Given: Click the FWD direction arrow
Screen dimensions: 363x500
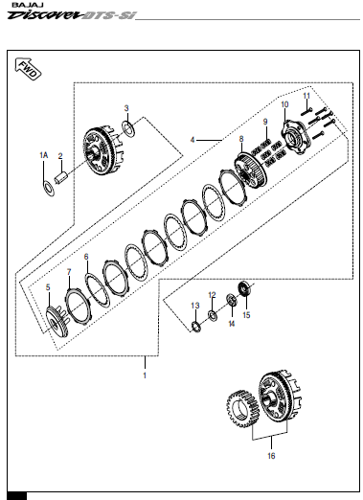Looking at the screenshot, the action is pos(28,69).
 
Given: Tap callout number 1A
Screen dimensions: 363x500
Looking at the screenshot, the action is pos(44,155).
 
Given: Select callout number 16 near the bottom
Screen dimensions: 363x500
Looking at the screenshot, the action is pos(271,456).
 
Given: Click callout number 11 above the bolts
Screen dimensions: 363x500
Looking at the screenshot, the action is pos(306,96).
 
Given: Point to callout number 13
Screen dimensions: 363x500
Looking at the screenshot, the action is pos(195,306).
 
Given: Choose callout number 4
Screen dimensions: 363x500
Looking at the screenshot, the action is pos(193,140).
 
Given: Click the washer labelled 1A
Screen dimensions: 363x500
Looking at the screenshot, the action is pos(49,189).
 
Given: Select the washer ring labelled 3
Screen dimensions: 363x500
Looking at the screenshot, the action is pos(128,128).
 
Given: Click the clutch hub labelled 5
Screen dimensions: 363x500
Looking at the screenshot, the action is pos(57,322).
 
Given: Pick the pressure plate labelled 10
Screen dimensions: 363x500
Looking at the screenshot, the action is pos(295,138).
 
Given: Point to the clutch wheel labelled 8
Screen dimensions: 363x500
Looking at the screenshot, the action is pos(250,170).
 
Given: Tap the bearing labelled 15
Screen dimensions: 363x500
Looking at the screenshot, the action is pos(245,288).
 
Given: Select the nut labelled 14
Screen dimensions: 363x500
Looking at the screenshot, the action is pos(232,301).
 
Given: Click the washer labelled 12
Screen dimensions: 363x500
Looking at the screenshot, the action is pos(213,314).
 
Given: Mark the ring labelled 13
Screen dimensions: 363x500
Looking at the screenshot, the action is pos(195,327).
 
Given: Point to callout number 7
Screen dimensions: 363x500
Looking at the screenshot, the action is pos(69,272).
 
